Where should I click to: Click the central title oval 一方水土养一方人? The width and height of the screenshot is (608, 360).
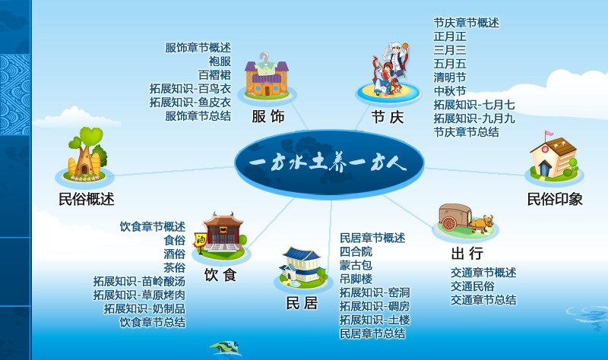pos(329,164)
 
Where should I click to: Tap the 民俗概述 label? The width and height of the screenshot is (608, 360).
pos(87,199)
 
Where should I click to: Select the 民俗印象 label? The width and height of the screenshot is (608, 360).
pos(555,199)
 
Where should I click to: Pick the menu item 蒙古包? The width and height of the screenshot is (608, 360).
pos(356,266)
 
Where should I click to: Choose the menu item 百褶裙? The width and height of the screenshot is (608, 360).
pos(214,75)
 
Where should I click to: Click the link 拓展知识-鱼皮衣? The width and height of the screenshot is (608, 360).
pos(191,103)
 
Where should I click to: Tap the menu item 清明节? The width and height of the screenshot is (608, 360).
pos(450,77)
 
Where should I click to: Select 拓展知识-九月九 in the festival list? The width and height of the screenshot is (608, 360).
pos(474,118)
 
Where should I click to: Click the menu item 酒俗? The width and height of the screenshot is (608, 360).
pos(175,254)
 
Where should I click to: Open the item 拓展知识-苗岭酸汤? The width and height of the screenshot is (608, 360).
pos(139,281)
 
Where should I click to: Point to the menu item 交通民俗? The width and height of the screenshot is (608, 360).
pos(473,286)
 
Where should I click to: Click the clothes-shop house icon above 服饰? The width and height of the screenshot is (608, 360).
pos(267,75)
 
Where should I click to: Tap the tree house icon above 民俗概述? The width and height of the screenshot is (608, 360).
pos(87,154)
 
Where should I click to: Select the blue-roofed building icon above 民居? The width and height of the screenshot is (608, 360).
pos(302,265)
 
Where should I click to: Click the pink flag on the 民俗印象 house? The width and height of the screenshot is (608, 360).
pos(549,134)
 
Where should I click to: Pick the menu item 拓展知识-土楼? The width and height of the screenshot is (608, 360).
pos(375,320)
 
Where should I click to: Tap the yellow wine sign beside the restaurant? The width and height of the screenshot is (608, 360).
pos(200,240)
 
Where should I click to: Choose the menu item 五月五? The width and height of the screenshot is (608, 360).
pos(450,64)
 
